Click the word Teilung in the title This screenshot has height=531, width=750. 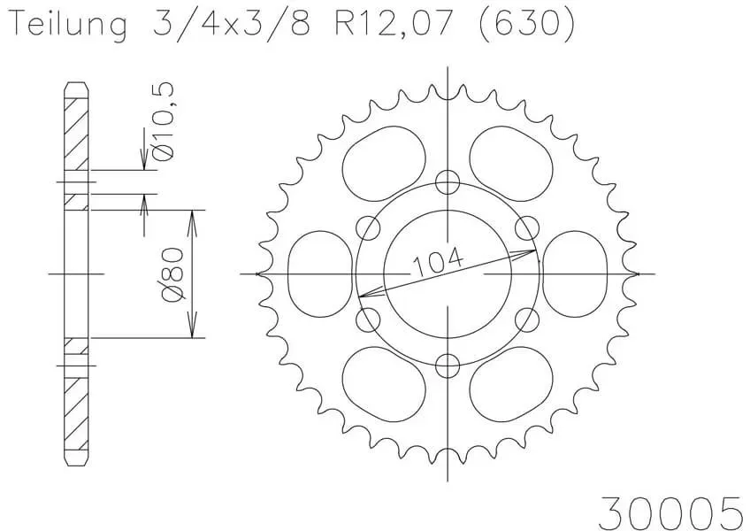tap(69, 25)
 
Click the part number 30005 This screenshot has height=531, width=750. tap(670, 512)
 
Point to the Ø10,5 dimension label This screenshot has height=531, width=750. tap(163, 121)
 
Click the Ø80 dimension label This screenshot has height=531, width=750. tap(172, 274)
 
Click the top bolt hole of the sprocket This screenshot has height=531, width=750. tap(448, 182)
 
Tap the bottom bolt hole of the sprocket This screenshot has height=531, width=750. tap(448, 366)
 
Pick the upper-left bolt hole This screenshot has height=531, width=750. tap(369, 227)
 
